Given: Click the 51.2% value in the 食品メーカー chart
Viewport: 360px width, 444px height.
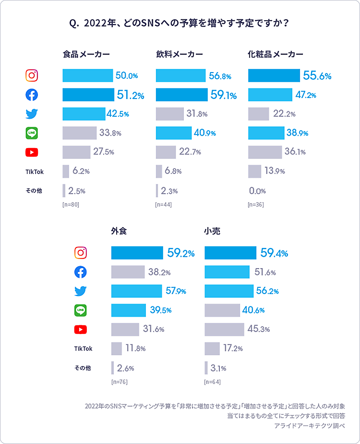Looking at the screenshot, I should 130,95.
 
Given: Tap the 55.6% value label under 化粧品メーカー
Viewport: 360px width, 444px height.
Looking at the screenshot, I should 317,76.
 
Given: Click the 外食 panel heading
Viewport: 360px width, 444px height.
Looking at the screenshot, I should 119,231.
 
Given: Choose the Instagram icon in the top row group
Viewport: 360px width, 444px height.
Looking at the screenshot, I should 32,76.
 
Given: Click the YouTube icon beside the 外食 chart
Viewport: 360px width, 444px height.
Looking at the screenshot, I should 80,329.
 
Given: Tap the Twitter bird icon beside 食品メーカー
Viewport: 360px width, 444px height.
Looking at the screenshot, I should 32,114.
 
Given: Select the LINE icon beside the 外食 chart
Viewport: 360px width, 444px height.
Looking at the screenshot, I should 80,310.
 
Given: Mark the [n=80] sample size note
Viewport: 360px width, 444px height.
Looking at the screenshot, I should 71,205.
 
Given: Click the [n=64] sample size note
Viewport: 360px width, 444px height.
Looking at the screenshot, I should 212,382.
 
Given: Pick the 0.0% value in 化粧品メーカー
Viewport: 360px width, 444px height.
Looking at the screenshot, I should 257,191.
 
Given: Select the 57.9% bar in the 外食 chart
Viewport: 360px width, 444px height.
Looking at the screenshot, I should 136,291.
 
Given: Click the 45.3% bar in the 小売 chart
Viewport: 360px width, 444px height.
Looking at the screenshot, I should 224,329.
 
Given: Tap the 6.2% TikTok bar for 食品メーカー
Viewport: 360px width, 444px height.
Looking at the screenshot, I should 66,172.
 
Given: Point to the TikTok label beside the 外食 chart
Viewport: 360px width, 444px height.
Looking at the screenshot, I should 83,348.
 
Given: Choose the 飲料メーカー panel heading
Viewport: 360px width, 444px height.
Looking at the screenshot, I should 179,54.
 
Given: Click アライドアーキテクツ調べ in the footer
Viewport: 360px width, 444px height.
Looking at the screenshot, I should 309,426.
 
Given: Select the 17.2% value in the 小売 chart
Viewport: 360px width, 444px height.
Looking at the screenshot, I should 233,348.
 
